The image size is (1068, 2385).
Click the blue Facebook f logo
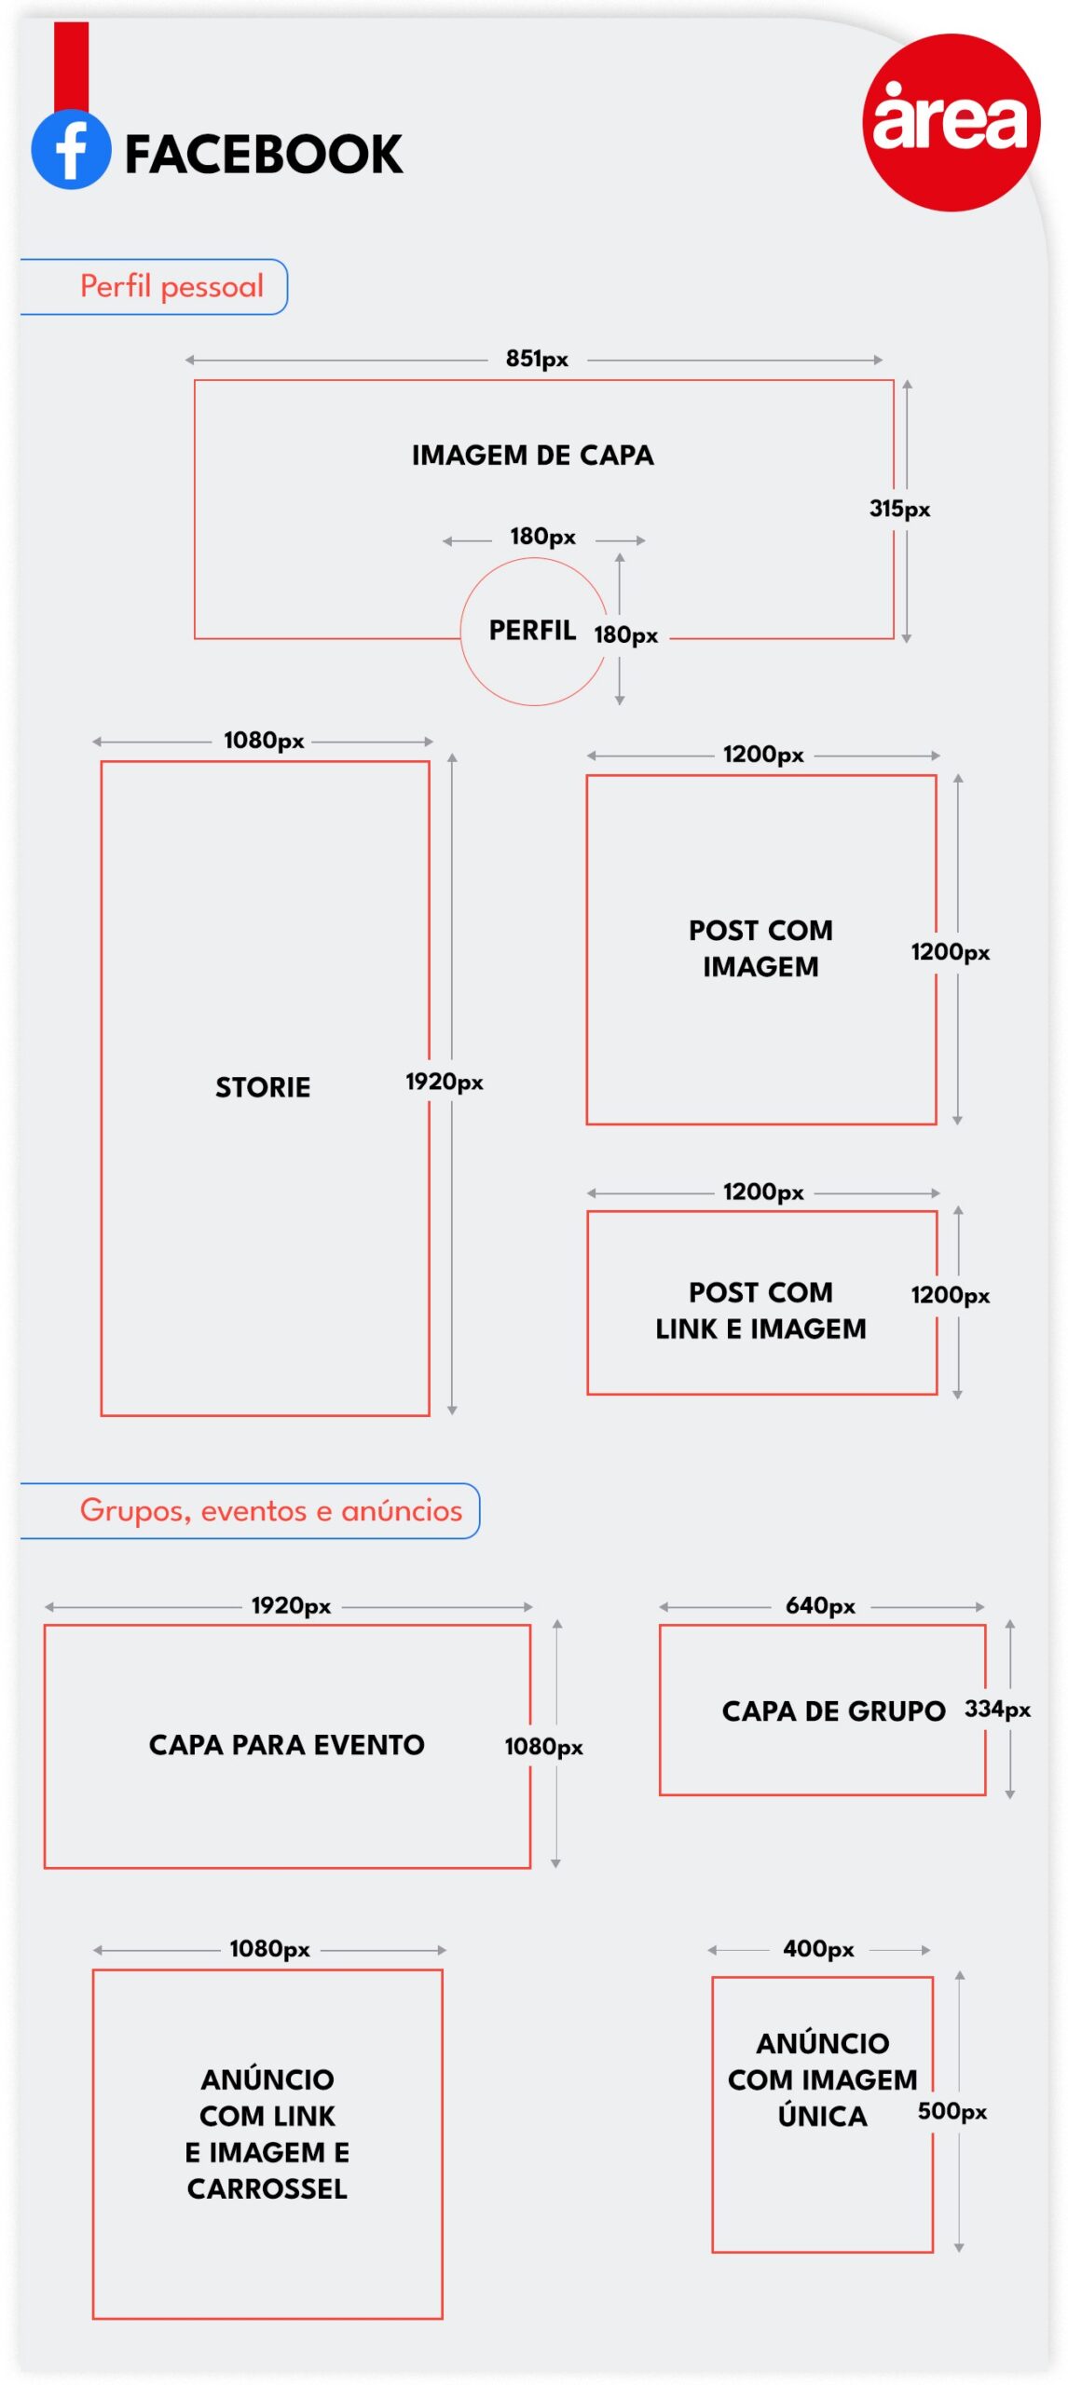pyautogui.click(x=71, y=150)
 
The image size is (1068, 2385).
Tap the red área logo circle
pyautogui.click(x=951, y=122)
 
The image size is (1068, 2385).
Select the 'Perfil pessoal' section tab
pyautogui.click(x=154, y=287)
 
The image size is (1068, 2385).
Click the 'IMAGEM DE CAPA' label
pyautogui.click(x=533, y=456)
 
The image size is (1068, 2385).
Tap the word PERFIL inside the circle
pyautogui.click(x=533, y=631)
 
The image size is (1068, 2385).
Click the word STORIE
pyautogui.click(x=263, y=1087)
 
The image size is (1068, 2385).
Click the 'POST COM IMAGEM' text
pyautogui.click(x=760, y=948)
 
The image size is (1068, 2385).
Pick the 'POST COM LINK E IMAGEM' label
pyautogui.click(x=760, y=1310)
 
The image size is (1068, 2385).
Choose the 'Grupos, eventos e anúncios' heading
pyautogui.click(x=271, y=1510)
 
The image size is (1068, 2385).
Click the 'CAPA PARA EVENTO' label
pyautogui.click(x=287, y=1745)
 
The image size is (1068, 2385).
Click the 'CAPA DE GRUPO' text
pyautogui.click(x=834, y=1711)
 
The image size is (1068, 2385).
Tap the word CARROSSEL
pyautogui.click(x=267, y=2188)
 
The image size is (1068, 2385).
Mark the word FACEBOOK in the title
pyautogui.click(x=264, y=155)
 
